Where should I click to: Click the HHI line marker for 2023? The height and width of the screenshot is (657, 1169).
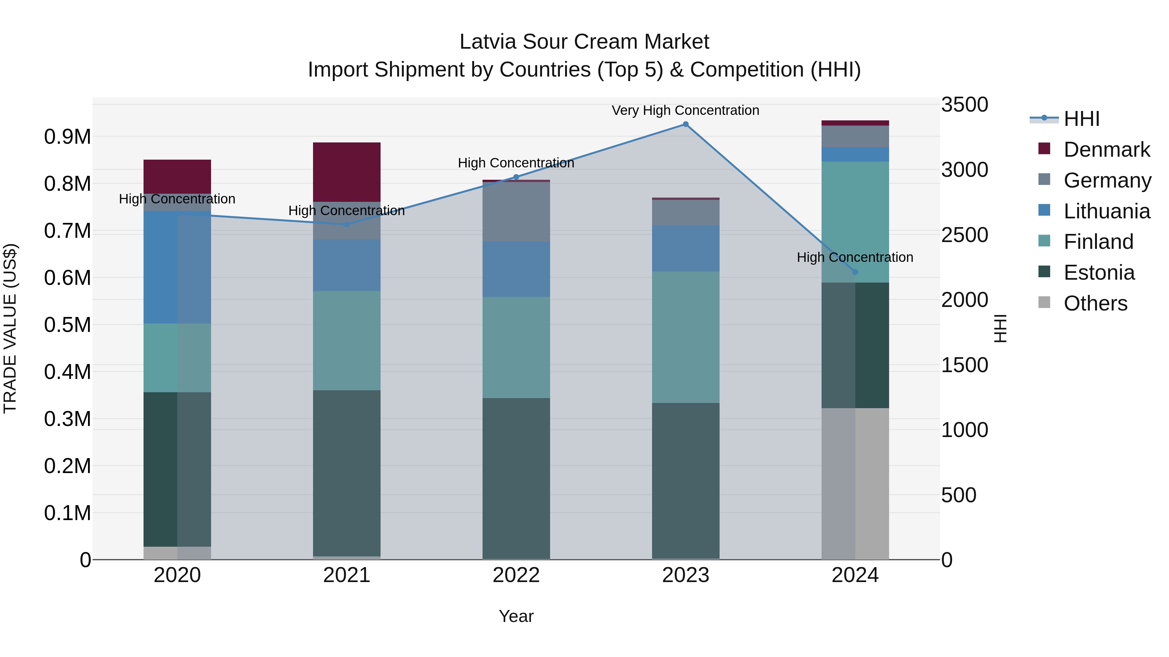(x=685, y=124)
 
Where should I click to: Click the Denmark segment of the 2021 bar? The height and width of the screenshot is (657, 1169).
(x=347, y=172)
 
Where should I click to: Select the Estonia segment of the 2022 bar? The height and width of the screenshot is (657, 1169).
(x=516, y=478)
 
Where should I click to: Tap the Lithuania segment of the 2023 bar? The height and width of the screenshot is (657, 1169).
(x=685, y=249)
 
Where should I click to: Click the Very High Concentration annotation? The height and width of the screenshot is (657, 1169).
(x=685, y=110)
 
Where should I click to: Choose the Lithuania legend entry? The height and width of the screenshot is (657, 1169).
(x=1106, y=211)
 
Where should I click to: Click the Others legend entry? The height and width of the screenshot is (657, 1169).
(x=1095, y=303)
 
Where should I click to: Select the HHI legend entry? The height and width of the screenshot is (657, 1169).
(x=1081, y=119)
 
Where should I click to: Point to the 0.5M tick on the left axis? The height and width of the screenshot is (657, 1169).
(x=67, y=325)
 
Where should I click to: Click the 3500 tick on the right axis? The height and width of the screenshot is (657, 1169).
(x=964, y=105)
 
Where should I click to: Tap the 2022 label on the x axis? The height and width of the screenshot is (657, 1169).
(x=516, y=575)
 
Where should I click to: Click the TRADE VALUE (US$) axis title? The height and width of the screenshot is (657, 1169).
(x=10, y=328)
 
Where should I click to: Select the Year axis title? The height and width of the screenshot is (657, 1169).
(x=516, y=616)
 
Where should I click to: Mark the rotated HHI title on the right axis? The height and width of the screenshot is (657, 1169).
(x=1000, y=328)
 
